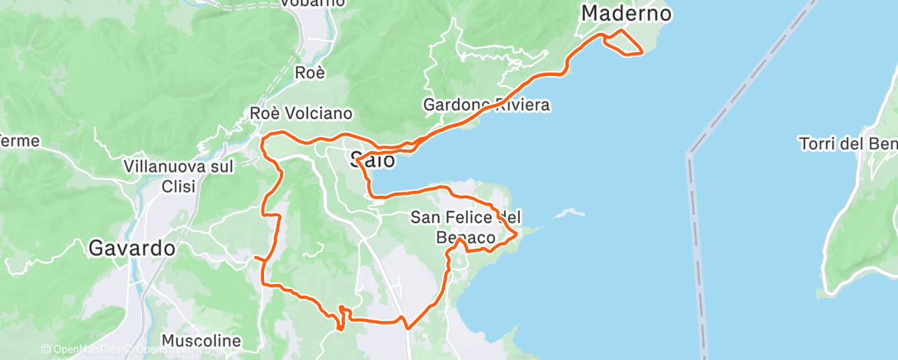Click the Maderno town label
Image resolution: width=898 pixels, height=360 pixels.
click(x=626, y=14)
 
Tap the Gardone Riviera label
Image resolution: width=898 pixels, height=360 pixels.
click(x=486, y=106)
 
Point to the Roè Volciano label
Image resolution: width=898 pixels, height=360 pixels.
click(x=301, y=114)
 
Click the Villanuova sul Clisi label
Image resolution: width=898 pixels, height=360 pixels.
click(x=178, y=176)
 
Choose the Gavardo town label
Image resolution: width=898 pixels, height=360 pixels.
click(x=131, y=248)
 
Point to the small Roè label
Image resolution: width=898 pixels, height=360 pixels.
click(x=310, y=73)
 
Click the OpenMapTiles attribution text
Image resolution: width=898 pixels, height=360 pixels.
click(x=82, y=350)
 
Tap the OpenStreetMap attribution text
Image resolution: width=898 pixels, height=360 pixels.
click(x=169, y=350)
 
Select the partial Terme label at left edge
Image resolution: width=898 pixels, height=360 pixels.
click(x=20, y=141)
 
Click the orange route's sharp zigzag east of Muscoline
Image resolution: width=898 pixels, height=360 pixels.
click(x=341, y=315)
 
